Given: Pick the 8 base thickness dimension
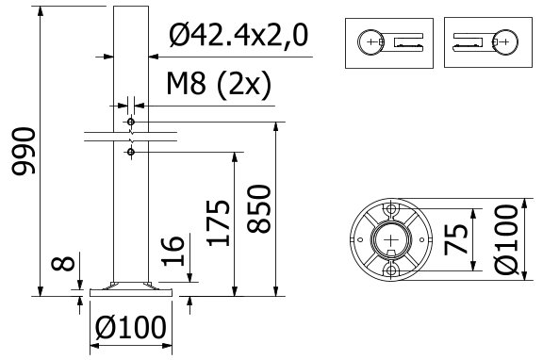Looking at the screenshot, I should pos(62,262).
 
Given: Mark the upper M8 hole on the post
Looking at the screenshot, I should pos(131,123).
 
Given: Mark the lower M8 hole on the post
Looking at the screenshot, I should pos(131,151).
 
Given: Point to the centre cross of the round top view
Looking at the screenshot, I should pos(390,240).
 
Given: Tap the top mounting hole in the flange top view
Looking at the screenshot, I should pos(390,208).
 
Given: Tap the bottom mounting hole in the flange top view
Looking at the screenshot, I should pos(390,272).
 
